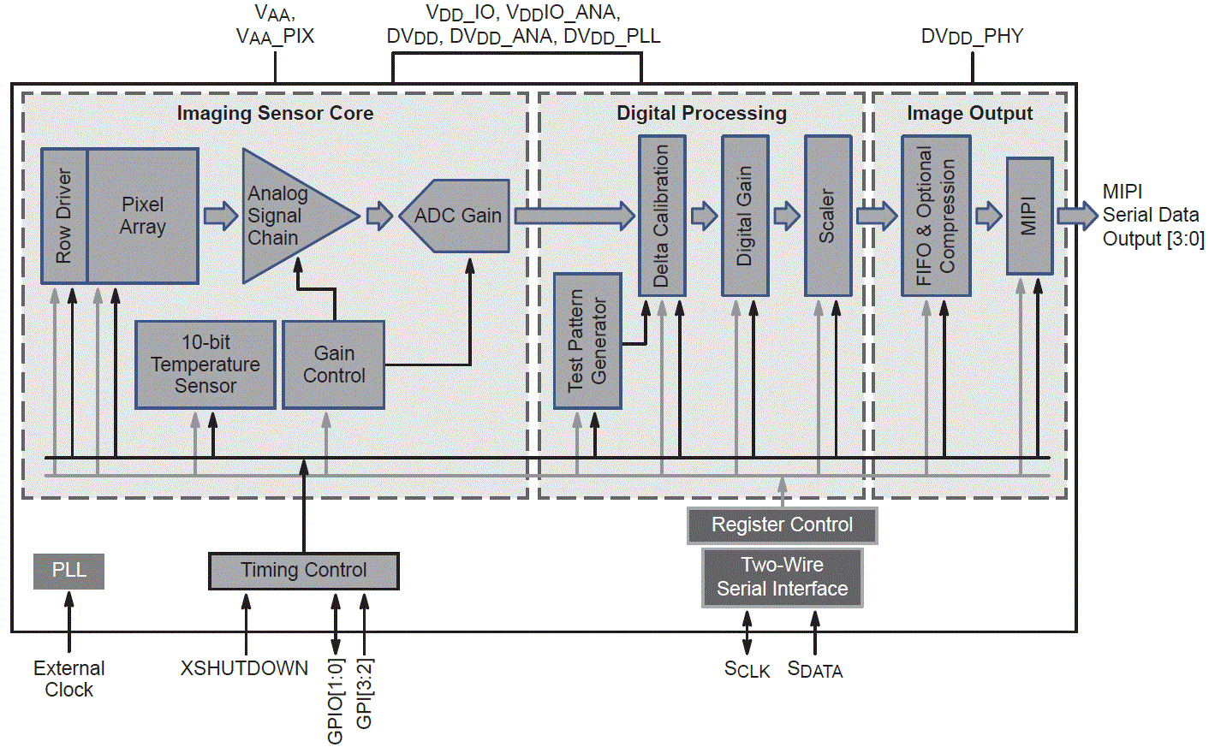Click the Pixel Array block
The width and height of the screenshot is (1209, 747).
tap(143, 216)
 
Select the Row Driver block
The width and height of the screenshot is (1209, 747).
tap(64, 216)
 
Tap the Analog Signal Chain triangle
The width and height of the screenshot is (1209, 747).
tap(287, 216)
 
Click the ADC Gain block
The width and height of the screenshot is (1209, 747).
tap(457, 216)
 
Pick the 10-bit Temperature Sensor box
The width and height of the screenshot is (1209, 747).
tap(205, 365)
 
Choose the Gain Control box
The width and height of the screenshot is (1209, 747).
tap(333, 365)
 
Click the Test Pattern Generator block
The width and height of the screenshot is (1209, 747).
tap(587, 341)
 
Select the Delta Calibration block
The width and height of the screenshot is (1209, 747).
tap(662, 216)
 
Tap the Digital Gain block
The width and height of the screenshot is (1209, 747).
tap(745, 216)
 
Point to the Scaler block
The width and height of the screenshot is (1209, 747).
tap(827, 216)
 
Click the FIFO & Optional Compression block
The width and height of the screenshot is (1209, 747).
tap(936, 216)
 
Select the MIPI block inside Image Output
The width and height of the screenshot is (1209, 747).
tap(1029, 216)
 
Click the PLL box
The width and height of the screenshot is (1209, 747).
tap(68, 571)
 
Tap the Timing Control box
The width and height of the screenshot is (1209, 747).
tap(303, 571)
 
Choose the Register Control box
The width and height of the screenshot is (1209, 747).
tap(782, 525)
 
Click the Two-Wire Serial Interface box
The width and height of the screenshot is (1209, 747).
tap(782, 578)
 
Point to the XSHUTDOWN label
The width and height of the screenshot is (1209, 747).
tap(244, 668)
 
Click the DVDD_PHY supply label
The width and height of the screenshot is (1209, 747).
tap(972, 37)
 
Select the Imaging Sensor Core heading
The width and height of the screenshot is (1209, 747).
tap(275, 113)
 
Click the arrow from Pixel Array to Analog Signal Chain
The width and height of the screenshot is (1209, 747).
tap(220, 216)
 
